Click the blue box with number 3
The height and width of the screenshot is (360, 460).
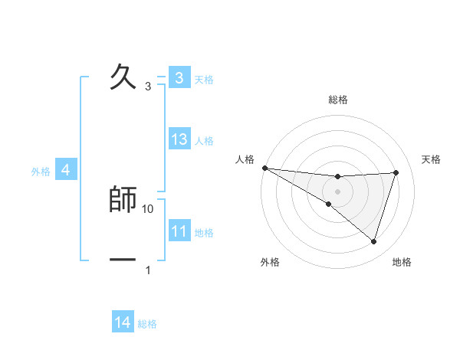coord(179,78)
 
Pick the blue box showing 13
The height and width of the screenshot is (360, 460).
coord(179,139)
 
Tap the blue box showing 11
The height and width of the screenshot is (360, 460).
coord(179,231)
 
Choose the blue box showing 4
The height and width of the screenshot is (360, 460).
coord(65,170)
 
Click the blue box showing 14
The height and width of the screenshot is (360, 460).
coord(123,322)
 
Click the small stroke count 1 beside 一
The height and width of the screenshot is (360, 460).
coord(148,270)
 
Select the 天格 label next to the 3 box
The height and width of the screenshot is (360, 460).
coord(204,79)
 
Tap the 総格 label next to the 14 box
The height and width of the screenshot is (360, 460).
coord(147,324)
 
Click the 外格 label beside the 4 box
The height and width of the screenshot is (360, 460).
coord(41,172)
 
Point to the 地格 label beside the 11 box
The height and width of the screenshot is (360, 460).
coord(204,233)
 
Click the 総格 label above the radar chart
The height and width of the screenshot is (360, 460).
coord(338,100)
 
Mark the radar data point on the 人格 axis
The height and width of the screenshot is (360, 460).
coord(264,168)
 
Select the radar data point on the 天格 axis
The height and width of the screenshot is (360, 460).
coord(396,172)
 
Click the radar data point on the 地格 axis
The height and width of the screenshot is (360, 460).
coord(373,241)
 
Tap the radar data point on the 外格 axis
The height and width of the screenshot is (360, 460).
coord(328,204)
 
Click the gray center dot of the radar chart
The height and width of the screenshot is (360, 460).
coord(337,191)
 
